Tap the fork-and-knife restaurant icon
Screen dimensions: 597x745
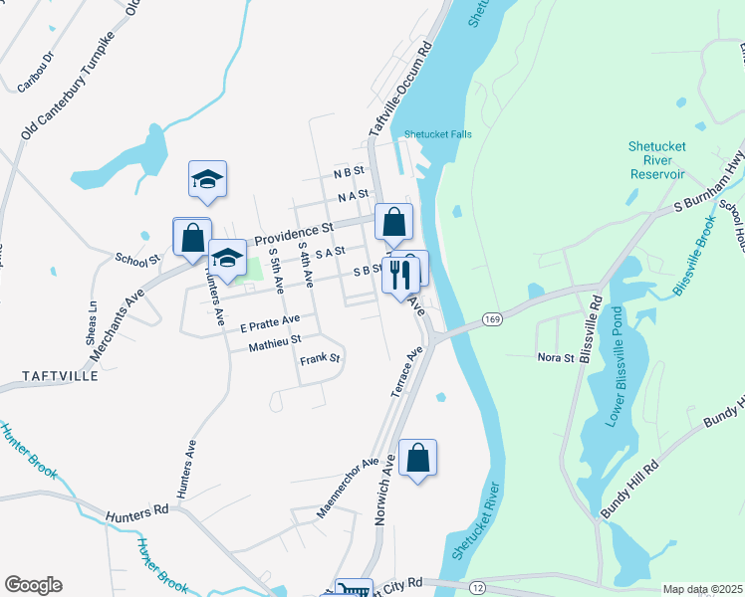pos(399,274)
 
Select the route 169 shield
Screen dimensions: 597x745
pos(490,318)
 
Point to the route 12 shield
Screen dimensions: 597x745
pos(477,589)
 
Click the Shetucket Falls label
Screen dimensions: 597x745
pos(437,134)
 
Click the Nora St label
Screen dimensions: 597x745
pos(555,356)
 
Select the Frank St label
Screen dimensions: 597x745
pos(320,358)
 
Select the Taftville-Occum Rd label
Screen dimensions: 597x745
pos(399,91)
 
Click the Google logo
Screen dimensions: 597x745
pos(33,585)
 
